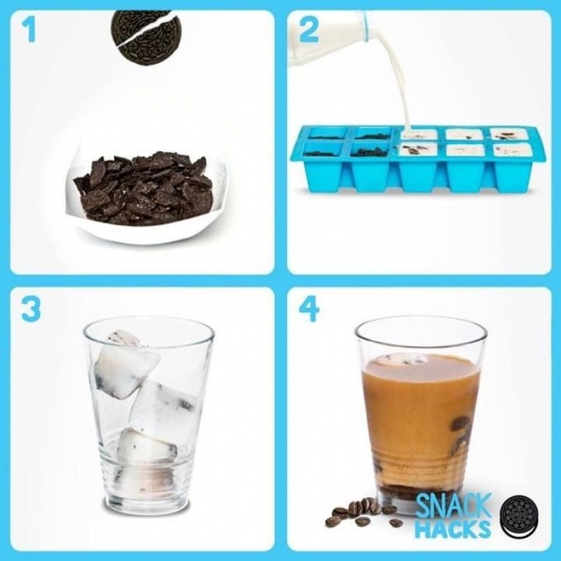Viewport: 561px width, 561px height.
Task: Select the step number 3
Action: pyautogui.click(x=31, y=309)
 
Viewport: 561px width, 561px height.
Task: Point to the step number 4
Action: pyautogui.click(x=309, y=309)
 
